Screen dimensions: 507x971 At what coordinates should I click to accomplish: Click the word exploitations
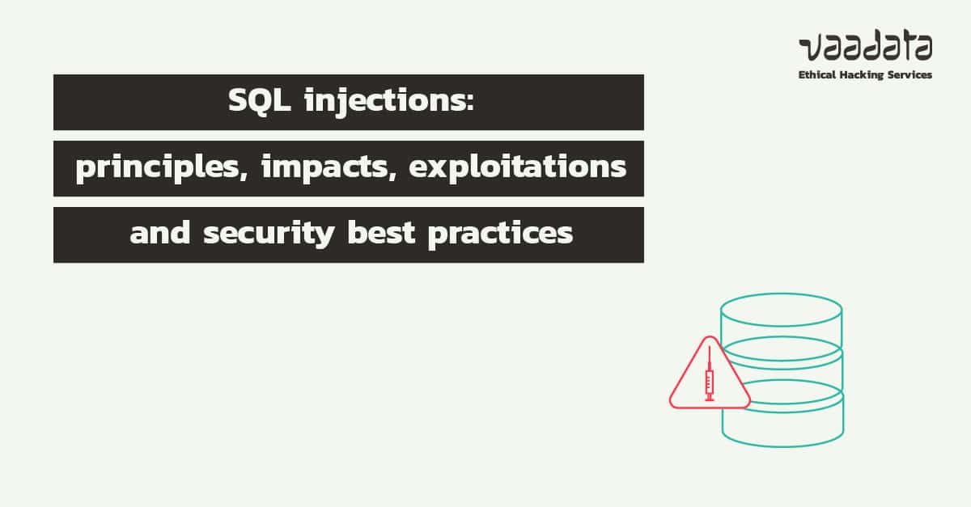coord(517,167)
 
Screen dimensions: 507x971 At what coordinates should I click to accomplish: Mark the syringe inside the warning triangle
coord(710,376)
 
